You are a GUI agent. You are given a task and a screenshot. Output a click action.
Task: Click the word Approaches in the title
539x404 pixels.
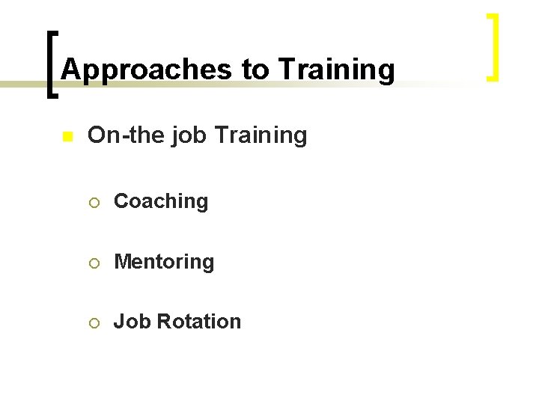pos(147,70)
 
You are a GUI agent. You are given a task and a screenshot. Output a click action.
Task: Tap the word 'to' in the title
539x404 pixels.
pos(255,70)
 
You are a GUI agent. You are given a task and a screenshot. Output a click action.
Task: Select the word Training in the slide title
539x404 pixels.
pos(336,70)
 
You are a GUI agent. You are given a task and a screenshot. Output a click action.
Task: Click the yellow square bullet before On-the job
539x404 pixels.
pos(67,137)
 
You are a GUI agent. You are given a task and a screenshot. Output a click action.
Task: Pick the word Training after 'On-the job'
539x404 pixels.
pos(261,136)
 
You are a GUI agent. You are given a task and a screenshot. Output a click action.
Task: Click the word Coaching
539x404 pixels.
pos(161,201)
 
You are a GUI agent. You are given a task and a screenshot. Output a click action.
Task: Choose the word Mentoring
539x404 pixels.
pos(164,262)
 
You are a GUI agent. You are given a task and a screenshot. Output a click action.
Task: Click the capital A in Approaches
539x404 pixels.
pos(70,70)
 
